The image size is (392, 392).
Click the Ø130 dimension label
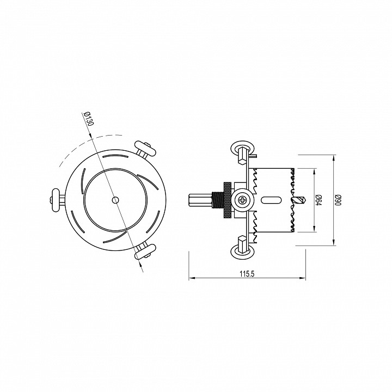87,119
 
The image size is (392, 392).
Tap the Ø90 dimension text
338,200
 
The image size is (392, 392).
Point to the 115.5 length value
247,273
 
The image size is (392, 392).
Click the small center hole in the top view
115,200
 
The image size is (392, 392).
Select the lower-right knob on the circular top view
145,252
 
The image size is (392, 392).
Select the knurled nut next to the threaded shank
224,200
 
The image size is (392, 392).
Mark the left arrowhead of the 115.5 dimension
191,279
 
